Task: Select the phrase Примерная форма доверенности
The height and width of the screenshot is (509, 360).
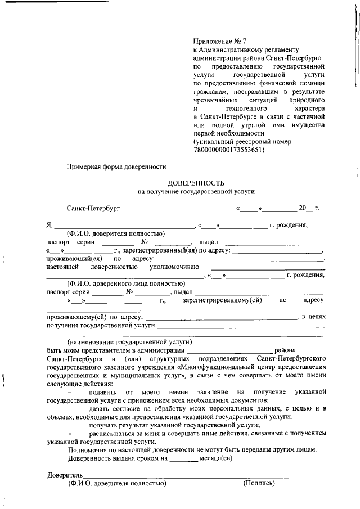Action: click(x=116, y=166)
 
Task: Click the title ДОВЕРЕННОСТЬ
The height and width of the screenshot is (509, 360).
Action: click(x=196, y=183)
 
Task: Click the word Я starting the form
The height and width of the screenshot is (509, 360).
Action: click(x=49, y=226)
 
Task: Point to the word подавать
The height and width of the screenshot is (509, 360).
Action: click(x=103, y=391)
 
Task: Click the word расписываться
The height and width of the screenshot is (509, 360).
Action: click(x=112, y=434)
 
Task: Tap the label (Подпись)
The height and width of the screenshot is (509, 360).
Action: click(x=259, y=483)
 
